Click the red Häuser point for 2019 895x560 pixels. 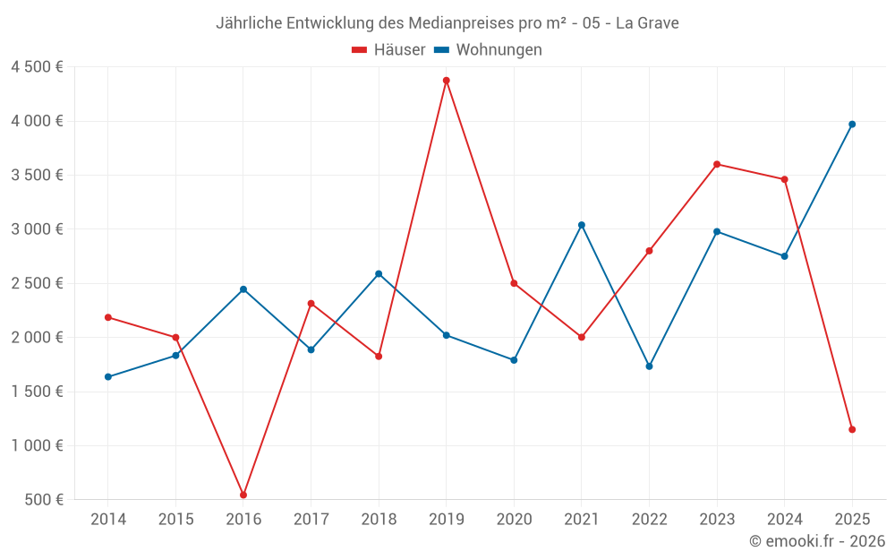pos(446,81)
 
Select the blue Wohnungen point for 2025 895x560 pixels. pos(852,125)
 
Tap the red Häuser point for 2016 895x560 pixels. pos(243,495)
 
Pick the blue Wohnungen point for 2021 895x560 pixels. pos(582,225)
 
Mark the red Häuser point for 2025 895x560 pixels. pos(852,429)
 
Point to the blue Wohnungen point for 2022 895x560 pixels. pos(649,366)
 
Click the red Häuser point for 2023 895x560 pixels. pos(717,164)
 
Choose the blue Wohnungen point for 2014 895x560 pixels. pos(108,377)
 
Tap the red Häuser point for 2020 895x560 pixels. pos(514,283)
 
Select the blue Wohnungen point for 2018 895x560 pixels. pos(379,274)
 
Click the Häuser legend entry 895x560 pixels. pos(388,50)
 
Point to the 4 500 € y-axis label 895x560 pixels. pos(37,67)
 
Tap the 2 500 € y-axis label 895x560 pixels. pos(37,283)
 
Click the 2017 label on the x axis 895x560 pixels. pos(311,519)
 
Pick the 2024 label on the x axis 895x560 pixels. pos(784,519)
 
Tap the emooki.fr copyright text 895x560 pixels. pos(817,541)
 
